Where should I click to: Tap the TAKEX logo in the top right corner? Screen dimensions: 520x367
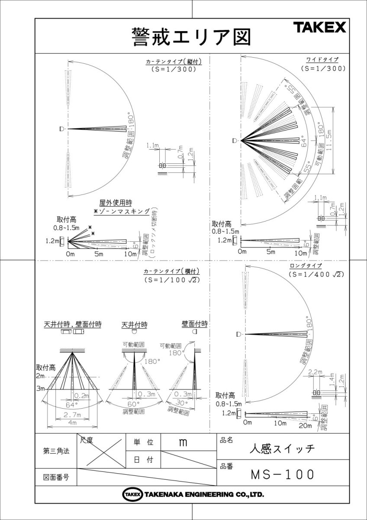click(x=320, y=28)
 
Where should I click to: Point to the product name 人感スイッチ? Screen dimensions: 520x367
click(x=282, y=448)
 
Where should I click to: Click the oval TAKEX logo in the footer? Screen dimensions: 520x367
click(x=131, y=494)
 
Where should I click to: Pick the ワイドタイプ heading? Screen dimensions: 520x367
click(x=322, y=59)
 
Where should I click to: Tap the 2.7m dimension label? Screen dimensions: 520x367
click(x=71, y=414)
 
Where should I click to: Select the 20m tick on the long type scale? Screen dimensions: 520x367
click(x=305, y=426)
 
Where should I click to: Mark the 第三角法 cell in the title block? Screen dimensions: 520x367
click(x=56, y=451)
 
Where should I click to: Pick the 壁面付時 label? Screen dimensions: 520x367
click(x=194, y=324)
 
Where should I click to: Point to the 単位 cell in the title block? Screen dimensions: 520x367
click(x=143, y=442)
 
